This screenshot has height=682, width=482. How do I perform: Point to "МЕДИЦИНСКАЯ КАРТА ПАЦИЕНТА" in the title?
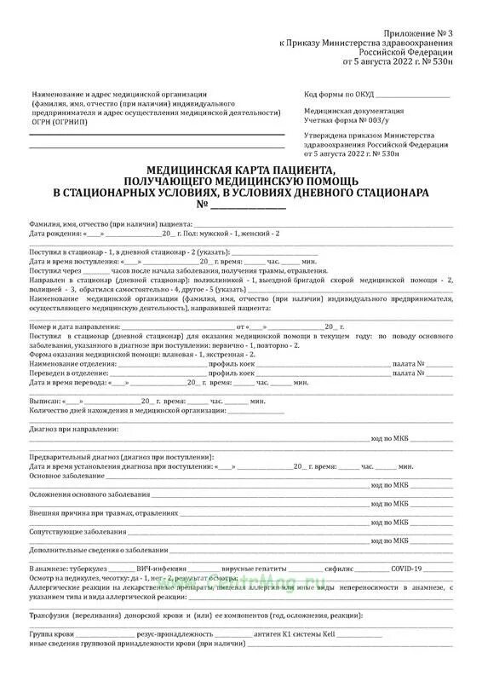[x=241, y=170]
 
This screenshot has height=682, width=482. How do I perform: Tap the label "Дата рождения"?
[x=54, y=233]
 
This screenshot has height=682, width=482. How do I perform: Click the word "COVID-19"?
[x=407, y=569]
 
